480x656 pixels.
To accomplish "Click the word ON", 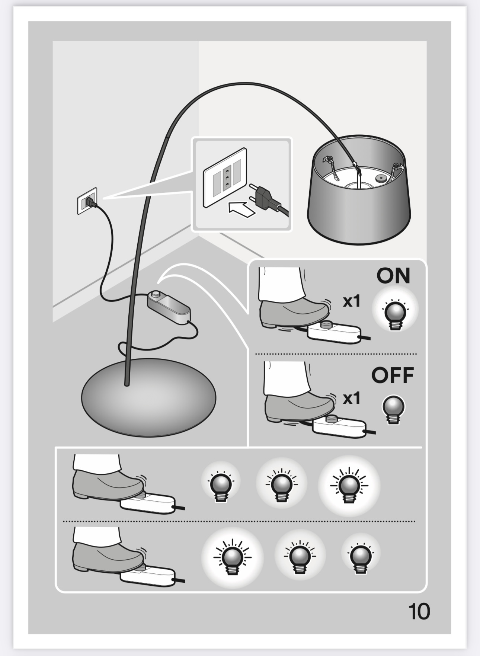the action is pyautogui.click(x=393, y=276).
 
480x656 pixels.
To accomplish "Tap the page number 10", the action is pyautogui.click(x=419, y=611).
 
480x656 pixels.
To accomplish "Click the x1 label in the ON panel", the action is pyautogui.click(x=352, y=301).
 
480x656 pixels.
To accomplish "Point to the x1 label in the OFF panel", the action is pyautogui.click(x=352, y=399).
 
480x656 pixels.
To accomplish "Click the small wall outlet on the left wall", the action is pyautogui.click(x=87, y=201).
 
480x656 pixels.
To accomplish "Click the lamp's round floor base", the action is pyautogui.click(x=148, y=397).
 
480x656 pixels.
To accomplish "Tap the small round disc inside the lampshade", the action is pyautogui.click(x=380, y=179).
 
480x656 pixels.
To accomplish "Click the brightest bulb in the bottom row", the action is pyautogui.click(x=233, y=557).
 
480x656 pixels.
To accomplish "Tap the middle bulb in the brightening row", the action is pyautogui.click(x=281, y=484).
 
